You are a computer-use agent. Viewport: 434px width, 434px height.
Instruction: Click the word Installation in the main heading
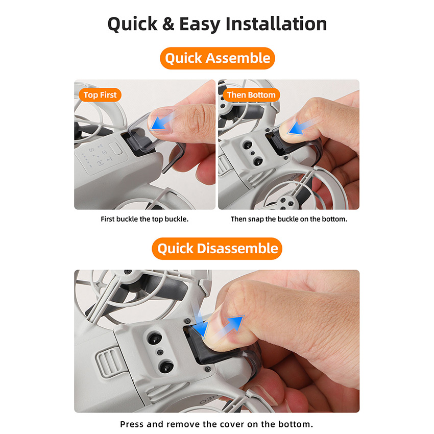pyautogui.click(x=276, y=24)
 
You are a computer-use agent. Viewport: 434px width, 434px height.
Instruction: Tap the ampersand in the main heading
pyautogui.click(x=168, y=24)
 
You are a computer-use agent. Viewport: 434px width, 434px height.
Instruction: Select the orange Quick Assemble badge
pyautogui.click(x=218, y=58)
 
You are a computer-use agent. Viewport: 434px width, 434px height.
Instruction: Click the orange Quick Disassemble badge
pyautogui.click(x=217, y=248)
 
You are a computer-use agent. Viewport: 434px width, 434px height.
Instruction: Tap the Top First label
pyautogui.click(x=100, y=95)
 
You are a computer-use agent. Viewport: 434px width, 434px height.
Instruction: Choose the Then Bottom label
pyautogui.click(x=251, y=95)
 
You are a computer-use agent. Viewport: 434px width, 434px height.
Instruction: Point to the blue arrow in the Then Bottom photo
pyautogui.click(x=300, y=127)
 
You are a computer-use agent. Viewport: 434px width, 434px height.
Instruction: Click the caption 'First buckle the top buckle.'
pyautogui.click(x=144, y=219)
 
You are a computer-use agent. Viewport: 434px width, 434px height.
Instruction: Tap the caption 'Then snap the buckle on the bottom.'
pyautogui.click(x=288, y=219)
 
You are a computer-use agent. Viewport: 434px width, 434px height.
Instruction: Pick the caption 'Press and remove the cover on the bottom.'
pyautogui.click(x=216, y=424)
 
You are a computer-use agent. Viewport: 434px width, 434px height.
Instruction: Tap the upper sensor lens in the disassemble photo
pyautogui.click(x=154, y=338)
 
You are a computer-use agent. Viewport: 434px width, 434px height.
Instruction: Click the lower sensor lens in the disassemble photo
pyautogui.click(x=166, y=367)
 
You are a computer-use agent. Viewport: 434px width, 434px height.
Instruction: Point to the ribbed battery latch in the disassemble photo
pyautogui.click(x=109, y=362)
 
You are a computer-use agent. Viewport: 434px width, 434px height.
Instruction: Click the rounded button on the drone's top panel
pyautogui.click(x=116, y=149)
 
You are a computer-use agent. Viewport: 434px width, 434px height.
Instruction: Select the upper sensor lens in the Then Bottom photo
pyautogui.click(x=247, y=144)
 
